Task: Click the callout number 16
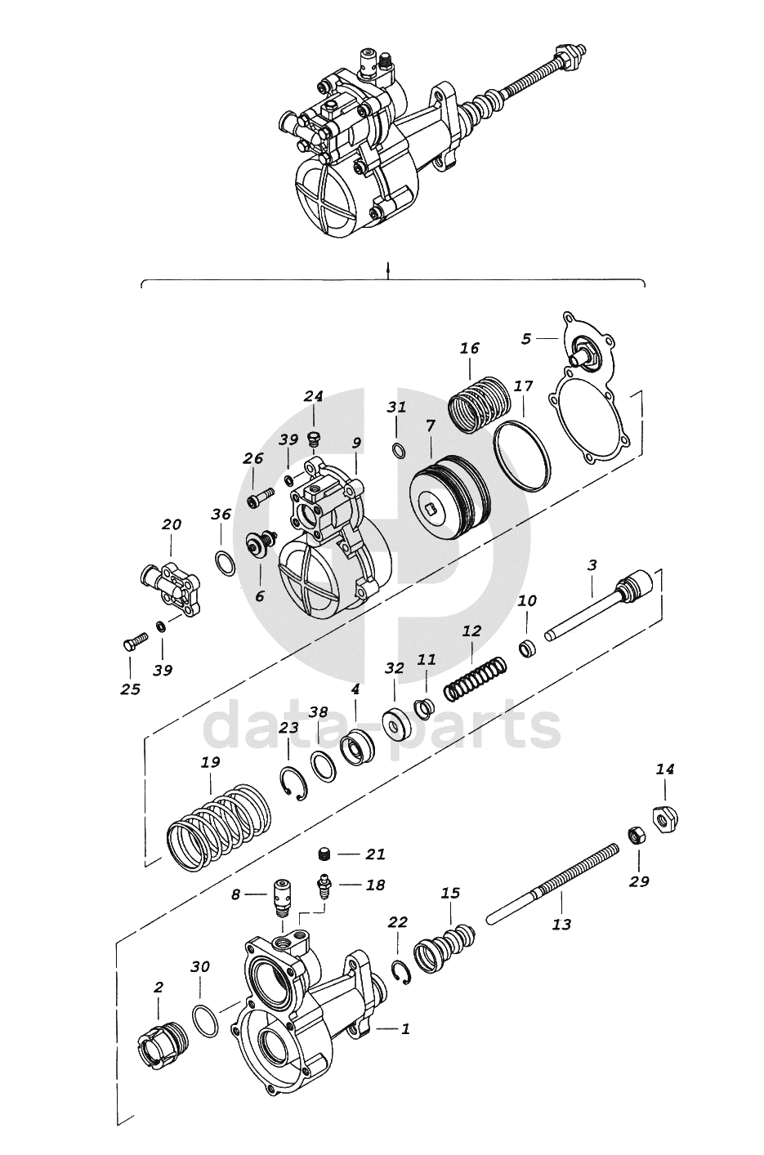click(x=470, y=348)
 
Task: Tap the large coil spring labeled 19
click(x=219, y=823)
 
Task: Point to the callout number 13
click(x=561, y=924)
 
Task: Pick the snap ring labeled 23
click(x=294, y=783)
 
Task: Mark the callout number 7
click(x=431, y=426)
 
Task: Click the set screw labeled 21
click(x=323, y=854)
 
